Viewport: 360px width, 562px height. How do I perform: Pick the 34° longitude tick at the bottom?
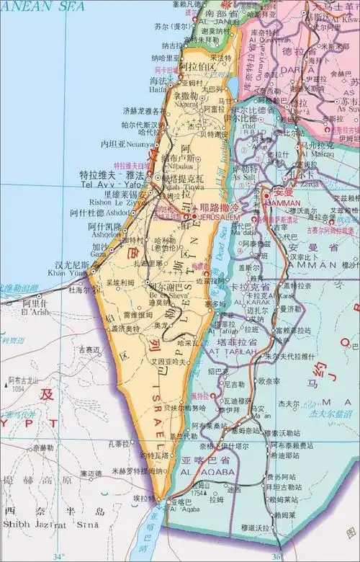tap(58, 556)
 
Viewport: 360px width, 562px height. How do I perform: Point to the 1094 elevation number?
tap(19, 388)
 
